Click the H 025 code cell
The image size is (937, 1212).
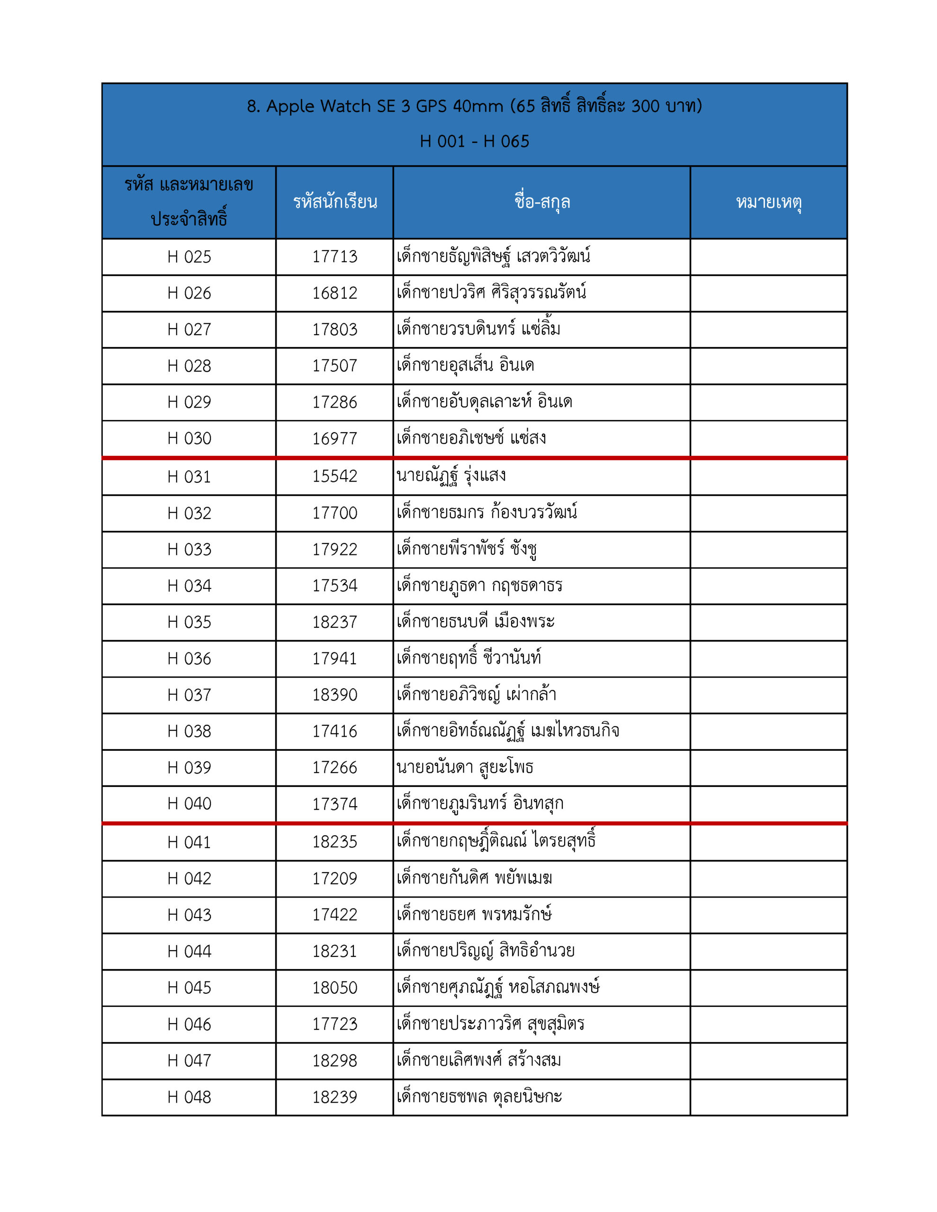(x=189, y=257)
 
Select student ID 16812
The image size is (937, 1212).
(x=334, y=293)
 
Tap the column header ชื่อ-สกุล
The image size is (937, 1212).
(x=541, y=202)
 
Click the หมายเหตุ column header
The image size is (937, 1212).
(x=768, y=202)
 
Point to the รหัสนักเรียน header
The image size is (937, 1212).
(x=334, y=202)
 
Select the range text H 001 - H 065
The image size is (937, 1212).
(x=474, y=142)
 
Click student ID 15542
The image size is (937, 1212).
(x=334, y=476)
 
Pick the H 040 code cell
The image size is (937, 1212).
(x=189, y=803)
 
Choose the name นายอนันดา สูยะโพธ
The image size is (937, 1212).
(x=464, y=767)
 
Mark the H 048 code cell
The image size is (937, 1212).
(x=189, y=1097)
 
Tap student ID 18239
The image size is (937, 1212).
(x=334, y=1097)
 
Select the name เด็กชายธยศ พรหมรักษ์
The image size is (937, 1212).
(x=474, y=914)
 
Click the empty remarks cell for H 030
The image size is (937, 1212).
(x=768, y=438)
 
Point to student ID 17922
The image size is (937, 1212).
(x=334, y=549)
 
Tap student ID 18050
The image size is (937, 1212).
(x=334, y=988)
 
